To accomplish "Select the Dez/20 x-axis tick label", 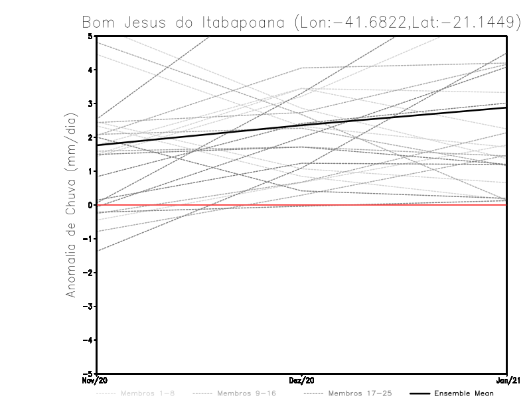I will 302,380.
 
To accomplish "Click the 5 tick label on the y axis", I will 90,36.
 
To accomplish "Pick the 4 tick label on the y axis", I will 90,70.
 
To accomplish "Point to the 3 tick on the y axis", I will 90,103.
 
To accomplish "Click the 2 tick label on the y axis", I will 90,137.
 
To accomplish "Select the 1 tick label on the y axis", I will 90,171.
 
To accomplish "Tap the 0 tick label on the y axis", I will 90,205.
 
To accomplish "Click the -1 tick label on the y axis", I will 89,239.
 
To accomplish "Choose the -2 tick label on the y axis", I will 89,273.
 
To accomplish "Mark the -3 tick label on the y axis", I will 89,307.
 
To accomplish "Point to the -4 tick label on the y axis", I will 89,340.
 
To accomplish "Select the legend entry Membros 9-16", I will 246,393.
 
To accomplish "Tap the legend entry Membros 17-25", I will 360,393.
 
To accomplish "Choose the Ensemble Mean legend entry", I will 463,393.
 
